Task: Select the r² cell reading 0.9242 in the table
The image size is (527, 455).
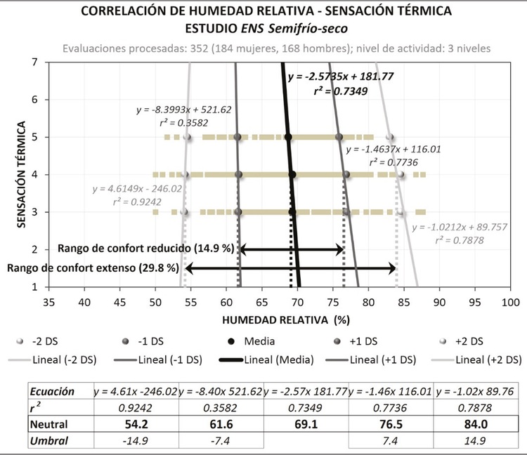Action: click(136, 408)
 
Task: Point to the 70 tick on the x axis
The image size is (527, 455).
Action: click(298, 302)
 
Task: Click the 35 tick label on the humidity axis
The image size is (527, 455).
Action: click(48, 302)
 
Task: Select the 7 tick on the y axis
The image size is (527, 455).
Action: click(34, 62)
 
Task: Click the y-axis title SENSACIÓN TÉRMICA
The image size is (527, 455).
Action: click(21, 173)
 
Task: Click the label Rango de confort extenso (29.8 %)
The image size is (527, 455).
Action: click(93, 268)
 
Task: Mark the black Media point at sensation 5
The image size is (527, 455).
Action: click(288, 137)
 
